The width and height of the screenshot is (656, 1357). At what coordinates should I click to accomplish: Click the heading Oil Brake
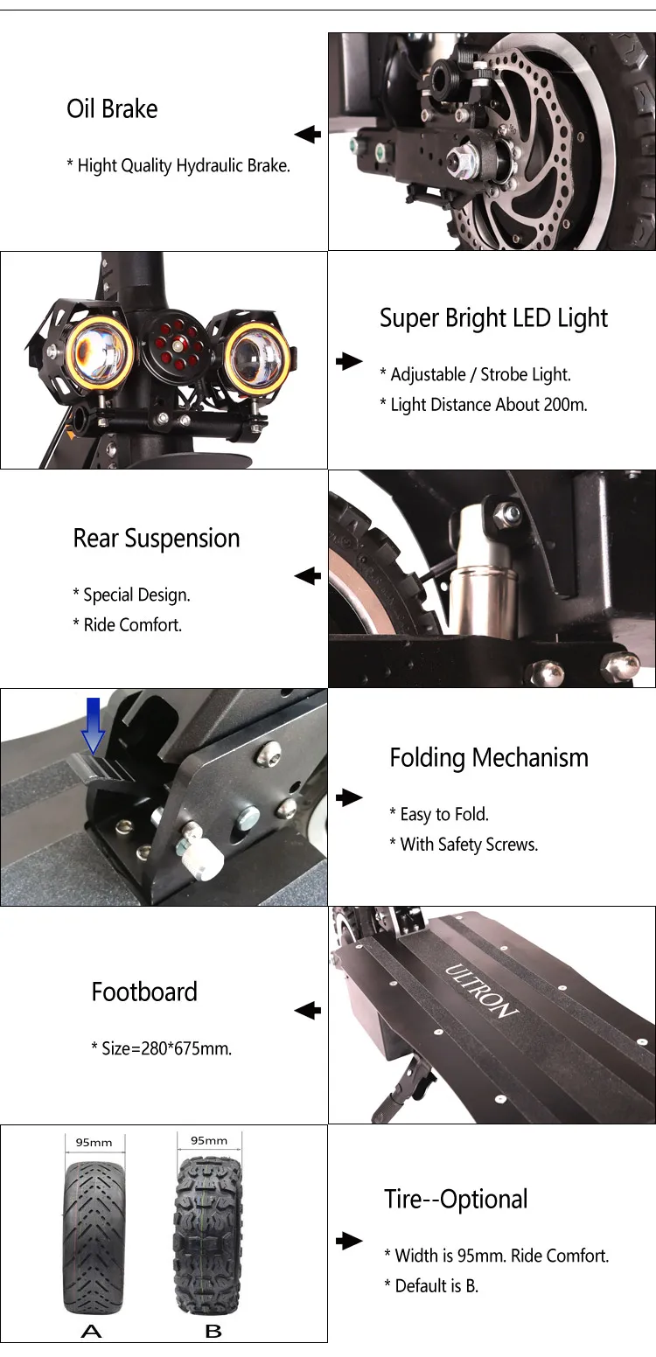(x=112, y=109)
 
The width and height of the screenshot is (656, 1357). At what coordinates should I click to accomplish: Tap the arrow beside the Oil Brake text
(x=308, y=134)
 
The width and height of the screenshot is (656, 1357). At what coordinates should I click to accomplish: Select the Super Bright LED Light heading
(x=493, y=318)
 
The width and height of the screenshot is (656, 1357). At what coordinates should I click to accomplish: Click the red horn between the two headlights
(x=176, y=346)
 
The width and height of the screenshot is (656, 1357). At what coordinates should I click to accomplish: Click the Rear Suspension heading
(x=157, y=539)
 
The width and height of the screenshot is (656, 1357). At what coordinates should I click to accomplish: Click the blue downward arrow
(x=94, y=725)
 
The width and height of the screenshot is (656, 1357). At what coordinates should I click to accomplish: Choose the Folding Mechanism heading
(x=489, y=758)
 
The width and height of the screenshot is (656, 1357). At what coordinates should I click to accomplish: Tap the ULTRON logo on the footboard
(x=482, y=991)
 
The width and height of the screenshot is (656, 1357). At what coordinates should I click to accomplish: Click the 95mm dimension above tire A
(x=94, y=1143)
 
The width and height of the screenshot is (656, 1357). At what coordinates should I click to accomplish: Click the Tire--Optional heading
(x=456, y=1199)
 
